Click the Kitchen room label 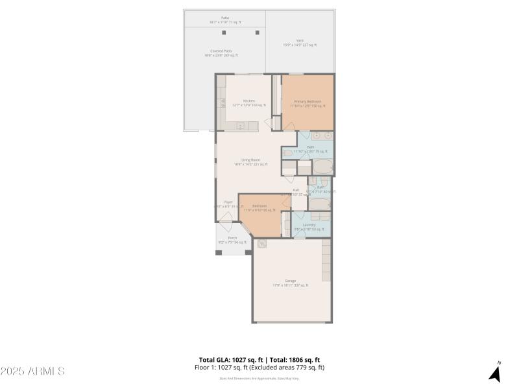tap(249, 101)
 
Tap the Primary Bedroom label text tap(308, 102)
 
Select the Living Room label tap(251, 160)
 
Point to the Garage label tap(290, 281)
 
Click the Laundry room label tap(309, 225)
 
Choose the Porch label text tap(232, 239)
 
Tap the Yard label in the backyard tap(300, 40)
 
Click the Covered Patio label tap(222, 51)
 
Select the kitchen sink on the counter tap(239, 126)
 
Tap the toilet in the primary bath tap(289, 154)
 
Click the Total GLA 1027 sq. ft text tap(230, 360)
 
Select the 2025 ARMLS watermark tap(32, 371)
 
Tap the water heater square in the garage tap(262, 244)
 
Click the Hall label tap(296, 191)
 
